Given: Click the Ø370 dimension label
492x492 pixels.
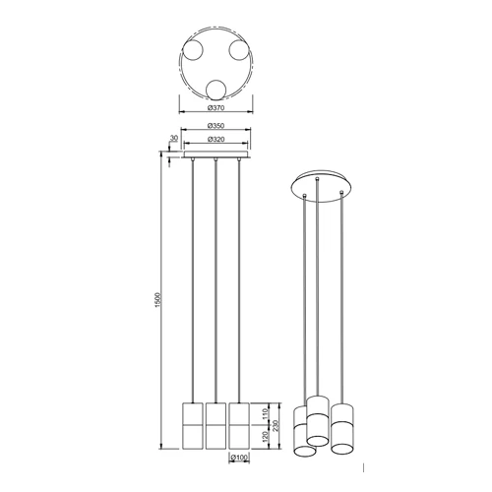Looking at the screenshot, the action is coord(215,107).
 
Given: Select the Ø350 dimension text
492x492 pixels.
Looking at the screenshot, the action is coord(215,126).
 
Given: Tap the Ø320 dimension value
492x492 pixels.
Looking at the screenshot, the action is coord(215,140).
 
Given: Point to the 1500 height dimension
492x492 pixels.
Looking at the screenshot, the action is coord(157,300).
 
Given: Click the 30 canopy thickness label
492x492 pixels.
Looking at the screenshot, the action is coord(173,139).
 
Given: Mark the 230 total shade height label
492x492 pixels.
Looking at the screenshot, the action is coord(276,425).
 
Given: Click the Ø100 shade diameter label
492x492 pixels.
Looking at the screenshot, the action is coord(239,457).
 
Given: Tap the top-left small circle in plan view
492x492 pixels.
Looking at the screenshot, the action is coord(193,51).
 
